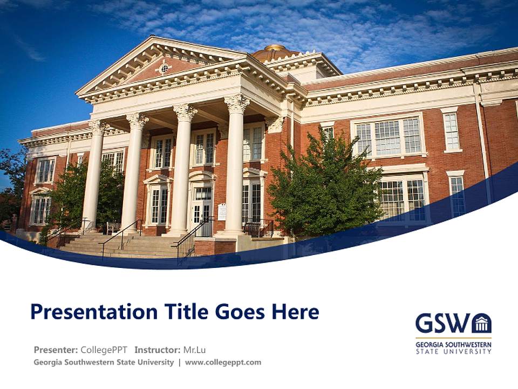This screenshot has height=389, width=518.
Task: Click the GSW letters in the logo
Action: click(442, 323)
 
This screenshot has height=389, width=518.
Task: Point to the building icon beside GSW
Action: click(481, 323)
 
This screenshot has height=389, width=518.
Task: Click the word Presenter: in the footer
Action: click(56, 350)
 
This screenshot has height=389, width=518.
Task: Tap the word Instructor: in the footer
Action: click(158, 350)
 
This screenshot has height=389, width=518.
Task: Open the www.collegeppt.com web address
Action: click(223, 363)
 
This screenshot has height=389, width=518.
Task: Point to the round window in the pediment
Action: click(164, 68)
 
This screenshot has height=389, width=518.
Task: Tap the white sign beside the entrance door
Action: click(222, 211)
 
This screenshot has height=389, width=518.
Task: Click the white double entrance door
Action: click(203, 213)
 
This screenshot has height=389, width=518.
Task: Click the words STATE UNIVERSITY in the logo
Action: click(453, 351)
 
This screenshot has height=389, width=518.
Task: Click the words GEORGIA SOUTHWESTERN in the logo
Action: click(453, 344)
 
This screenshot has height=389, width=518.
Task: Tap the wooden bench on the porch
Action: click(113, 227)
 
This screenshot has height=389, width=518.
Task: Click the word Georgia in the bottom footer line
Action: click(48, 363)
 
